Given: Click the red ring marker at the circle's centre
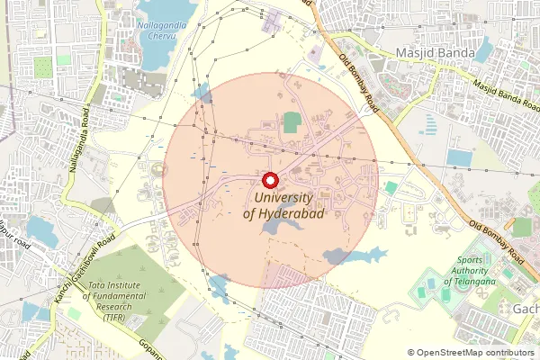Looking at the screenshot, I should click(x=270, y=177).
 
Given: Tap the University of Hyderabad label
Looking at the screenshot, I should click(x=283, y=205).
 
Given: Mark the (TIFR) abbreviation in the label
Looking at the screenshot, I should click(x=114, y=319).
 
